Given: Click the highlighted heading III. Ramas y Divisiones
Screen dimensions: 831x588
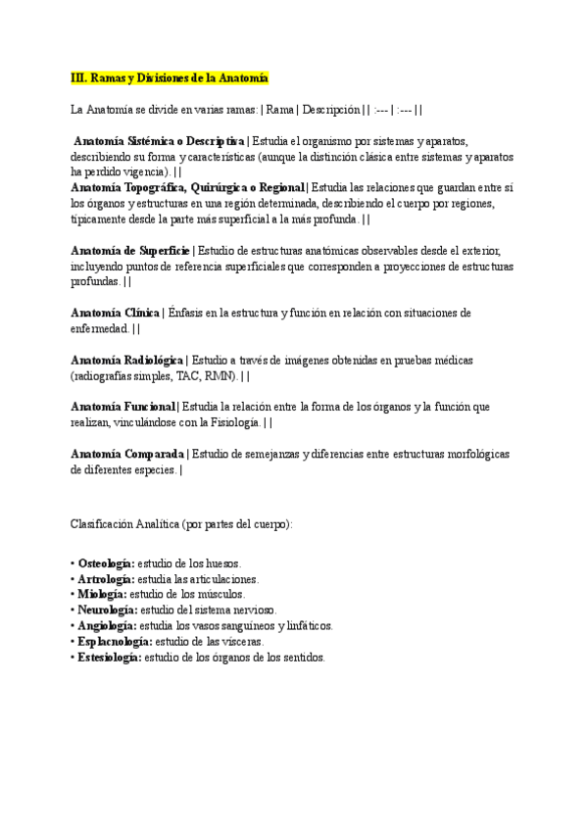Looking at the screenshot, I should point(170,78).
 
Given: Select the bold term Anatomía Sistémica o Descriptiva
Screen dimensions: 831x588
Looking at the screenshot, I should point(160,141).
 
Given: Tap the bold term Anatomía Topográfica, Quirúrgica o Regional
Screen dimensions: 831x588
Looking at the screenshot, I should point(188,188).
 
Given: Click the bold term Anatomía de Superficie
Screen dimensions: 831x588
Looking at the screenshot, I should point(129,251).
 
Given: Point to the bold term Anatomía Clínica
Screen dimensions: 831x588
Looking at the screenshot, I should point(115,313).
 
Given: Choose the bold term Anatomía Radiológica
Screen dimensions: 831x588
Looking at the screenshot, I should point(127,360).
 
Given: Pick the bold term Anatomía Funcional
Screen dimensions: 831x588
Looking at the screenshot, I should point(122,407).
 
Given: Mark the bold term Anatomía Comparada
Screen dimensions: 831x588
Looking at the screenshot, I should point(127,454).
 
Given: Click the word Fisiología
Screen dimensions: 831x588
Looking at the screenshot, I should point(230,422).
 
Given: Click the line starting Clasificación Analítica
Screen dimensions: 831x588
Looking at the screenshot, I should point(181,524).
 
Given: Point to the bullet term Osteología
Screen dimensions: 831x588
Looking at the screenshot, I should point(106,564).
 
